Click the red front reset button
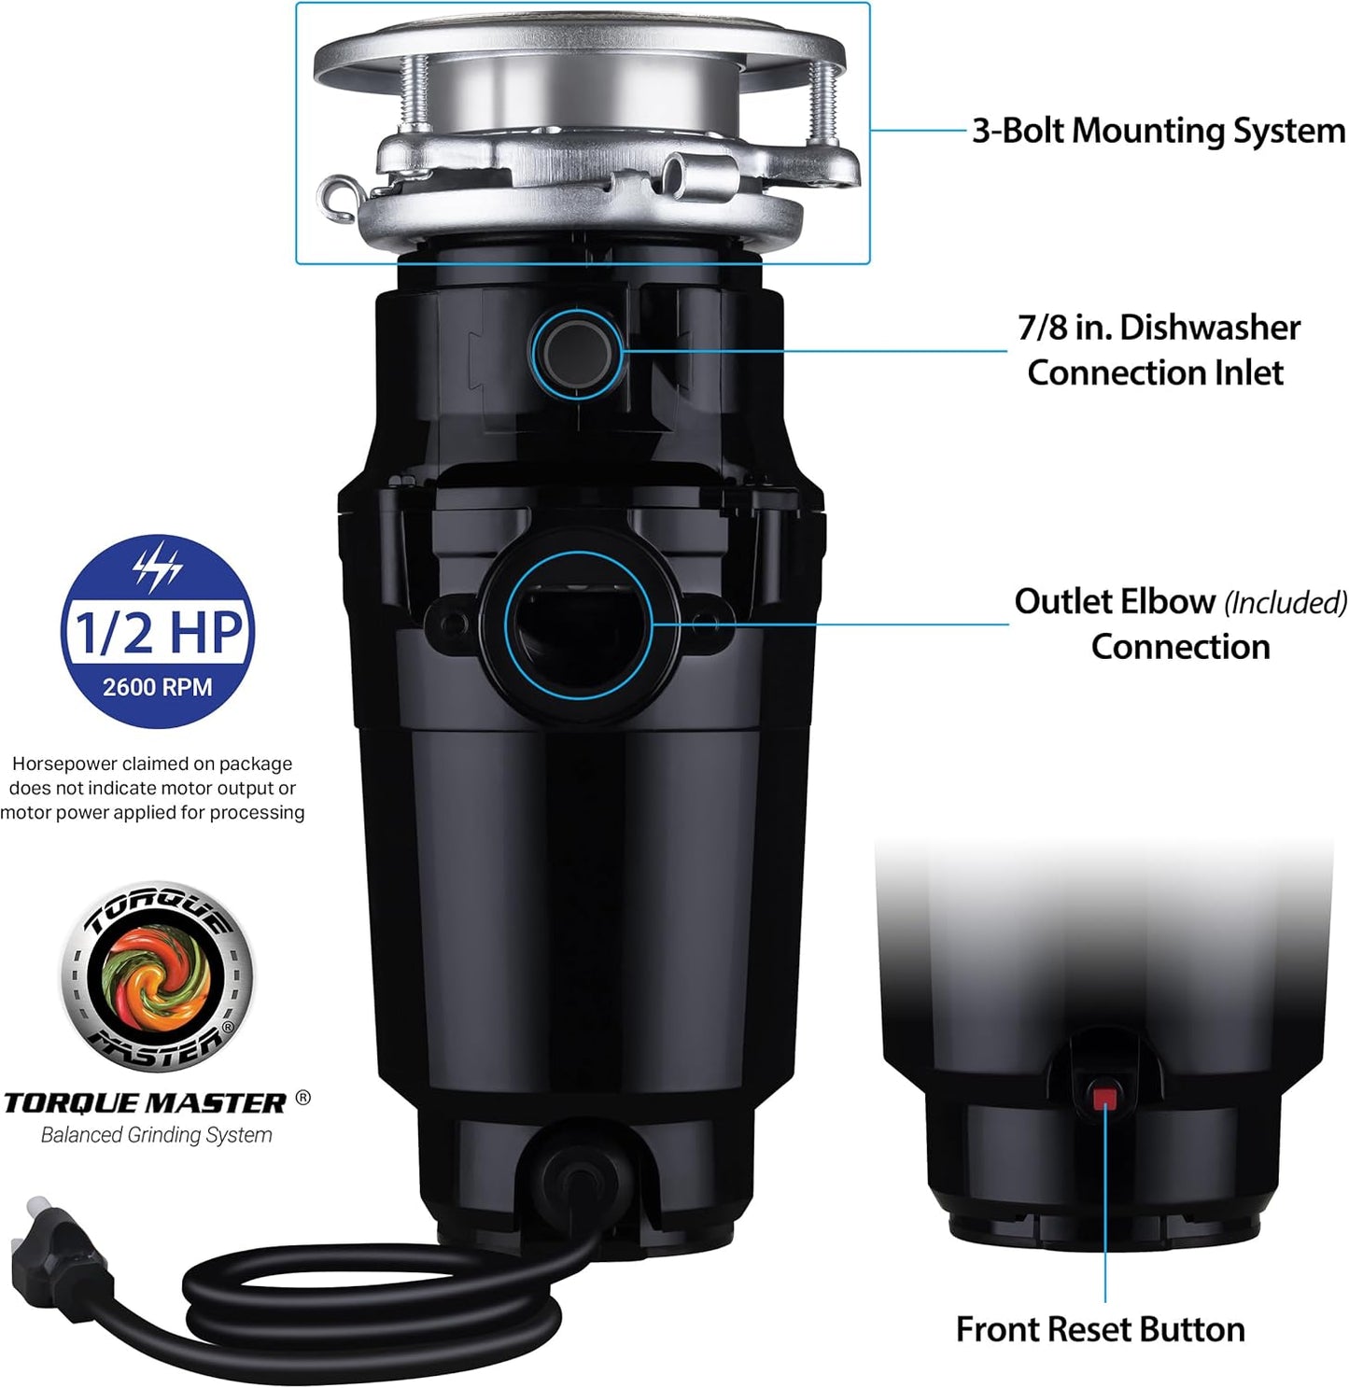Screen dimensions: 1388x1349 pos(1104,1096)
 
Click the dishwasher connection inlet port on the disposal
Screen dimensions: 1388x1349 pos(577,352)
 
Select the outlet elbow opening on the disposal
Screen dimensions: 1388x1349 pos(577,623)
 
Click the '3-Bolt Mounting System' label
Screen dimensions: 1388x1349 pos(1158,131)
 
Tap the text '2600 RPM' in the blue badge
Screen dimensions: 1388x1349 pos(157,687)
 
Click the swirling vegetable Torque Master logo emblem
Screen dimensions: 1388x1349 pos(157,975)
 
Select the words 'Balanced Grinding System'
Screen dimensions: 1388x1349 pos(157,1135)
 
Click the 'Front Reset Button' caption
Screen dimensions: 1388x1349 pos(1100,1328)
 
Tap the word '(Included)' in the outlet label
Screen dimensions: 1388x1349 pos(1286,603)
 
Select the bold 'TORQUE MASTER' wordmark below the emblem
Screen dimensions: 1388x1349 pos(145,1102)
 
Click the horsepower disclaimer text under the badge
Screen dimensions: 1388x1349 pos(152,788)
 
